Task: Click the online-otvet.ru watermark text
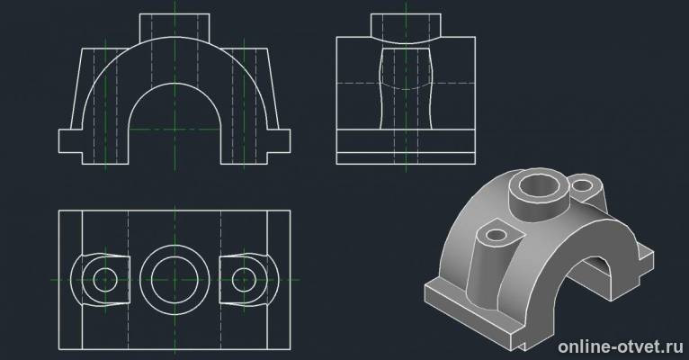[x=621, y=346]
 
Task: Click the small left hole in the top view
[x=105, y=280]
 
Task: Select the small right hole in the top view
[x=244, y=280]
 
